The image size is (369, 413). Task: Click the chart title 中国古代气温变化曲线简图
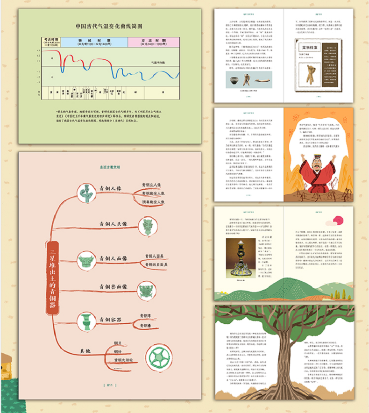coord(108,27)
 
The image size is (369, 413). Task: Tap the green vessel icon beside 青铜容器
coord(86,322)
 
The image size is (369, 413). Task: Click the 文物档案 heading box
coord(310,47)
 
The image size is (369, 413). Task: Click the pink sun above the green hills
coord(338,220)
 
